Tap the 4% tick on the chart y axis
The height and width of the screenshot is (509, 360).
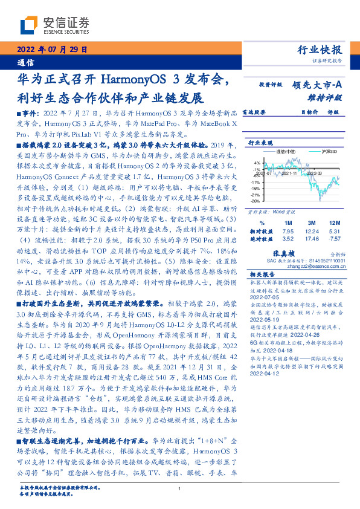[257, 163]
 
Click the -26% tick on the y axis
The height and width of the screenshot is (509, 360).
[256, 202]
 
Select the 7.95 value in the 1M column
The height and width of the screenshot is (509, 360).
[288, 231]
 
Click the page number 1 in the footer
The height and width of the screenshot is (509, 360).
[180, 488]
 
